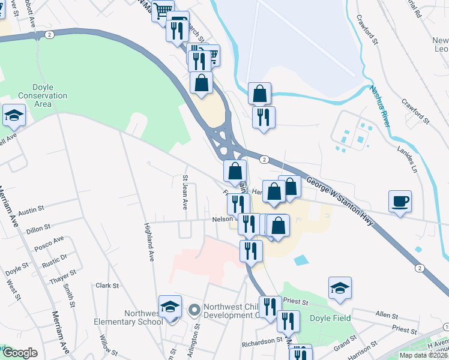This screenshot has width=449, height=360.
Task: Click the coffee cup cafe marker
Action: (x=400, y=201)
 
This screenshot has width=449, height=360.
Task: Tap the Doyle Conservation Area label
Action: (x=43, y=95)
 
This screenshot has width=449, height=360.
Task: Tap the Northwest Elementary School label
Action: (x=128, y=317)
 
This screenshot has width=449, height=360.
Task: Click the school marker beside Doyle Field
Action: (x=340, y=289)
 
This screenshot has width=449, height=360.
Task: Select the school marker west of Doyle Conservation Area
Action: (x=13, y=116)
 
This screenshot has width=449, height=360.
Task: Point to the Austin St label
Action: (x=32, y=211)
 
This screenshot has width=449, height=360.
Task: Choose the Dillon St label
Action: (x=37, y=229)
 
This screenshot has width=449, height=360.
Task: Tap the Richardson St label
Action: (x=262, y=340)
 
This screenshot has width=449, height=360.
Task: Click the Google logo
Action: (x=20, y=353)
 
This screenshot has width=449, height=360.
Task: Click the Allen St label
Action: (x=387, y=315)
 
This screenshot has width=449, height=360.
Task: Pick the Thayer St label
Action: (x=62, y=273)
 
